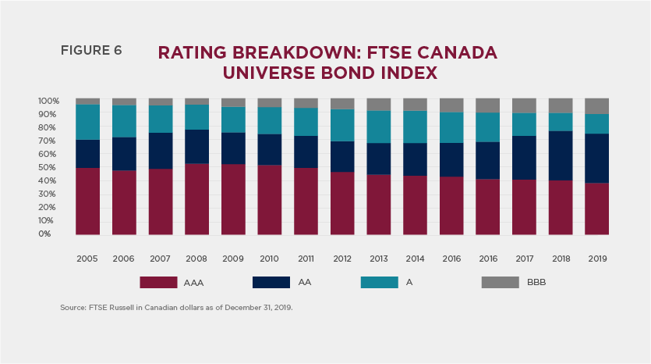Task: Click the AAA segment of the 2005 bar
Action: click(87, 201)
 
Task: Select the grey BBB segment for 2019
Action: click(596, 105)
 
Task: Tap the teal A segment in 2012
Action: click(342, 125)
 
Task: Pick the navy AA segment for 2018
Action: click(561, 155)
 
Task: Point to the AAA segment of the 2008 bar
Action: click(196, 198)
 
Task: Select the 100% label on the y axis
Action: click(48, 101)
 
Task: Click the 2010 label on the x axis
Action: click(269, 258)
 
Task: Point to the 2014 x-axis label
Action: click(415, 258)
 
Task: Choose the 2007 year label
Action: click(160, 258)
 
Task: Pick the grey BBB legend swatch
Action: click(500, 282)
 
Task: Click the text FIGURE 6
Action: click(91, 51)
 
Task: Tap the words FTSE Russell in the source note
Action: click(106, 309)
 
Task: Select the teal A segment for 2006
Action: click(124, 121)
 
